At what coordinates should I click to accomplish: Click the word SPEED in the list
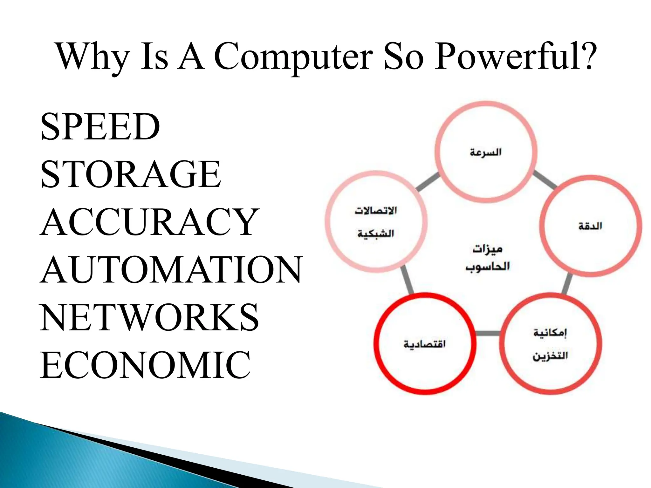tap(100, 127)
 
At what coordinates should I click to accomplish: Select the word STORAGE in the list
tap(131, 174)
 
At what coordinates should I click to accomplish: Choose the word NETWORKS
tap(149, 317)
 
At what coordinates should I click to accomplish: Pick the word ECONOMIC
tap(145, 365)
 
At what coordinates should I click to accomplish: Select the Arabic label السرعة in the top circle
tap(485, 152)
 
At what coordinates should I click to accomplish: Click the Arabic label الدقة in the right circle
tap(590, 226)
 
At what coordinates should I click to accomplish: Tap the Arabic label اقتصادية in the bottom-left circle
tap(425, 344)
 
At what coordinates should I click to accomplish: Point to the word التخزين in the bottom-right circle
tap(550, 356)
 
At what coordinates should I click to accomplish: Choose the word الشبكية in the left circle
tap(376, 234)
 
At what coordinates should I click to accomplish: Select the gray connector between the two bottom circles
tap(488, 333)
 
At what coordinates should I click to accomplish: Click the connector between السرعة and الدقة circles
tap(545, 180)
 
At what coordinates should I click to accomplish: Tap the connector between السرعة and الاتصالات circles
tap(428, 182)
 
